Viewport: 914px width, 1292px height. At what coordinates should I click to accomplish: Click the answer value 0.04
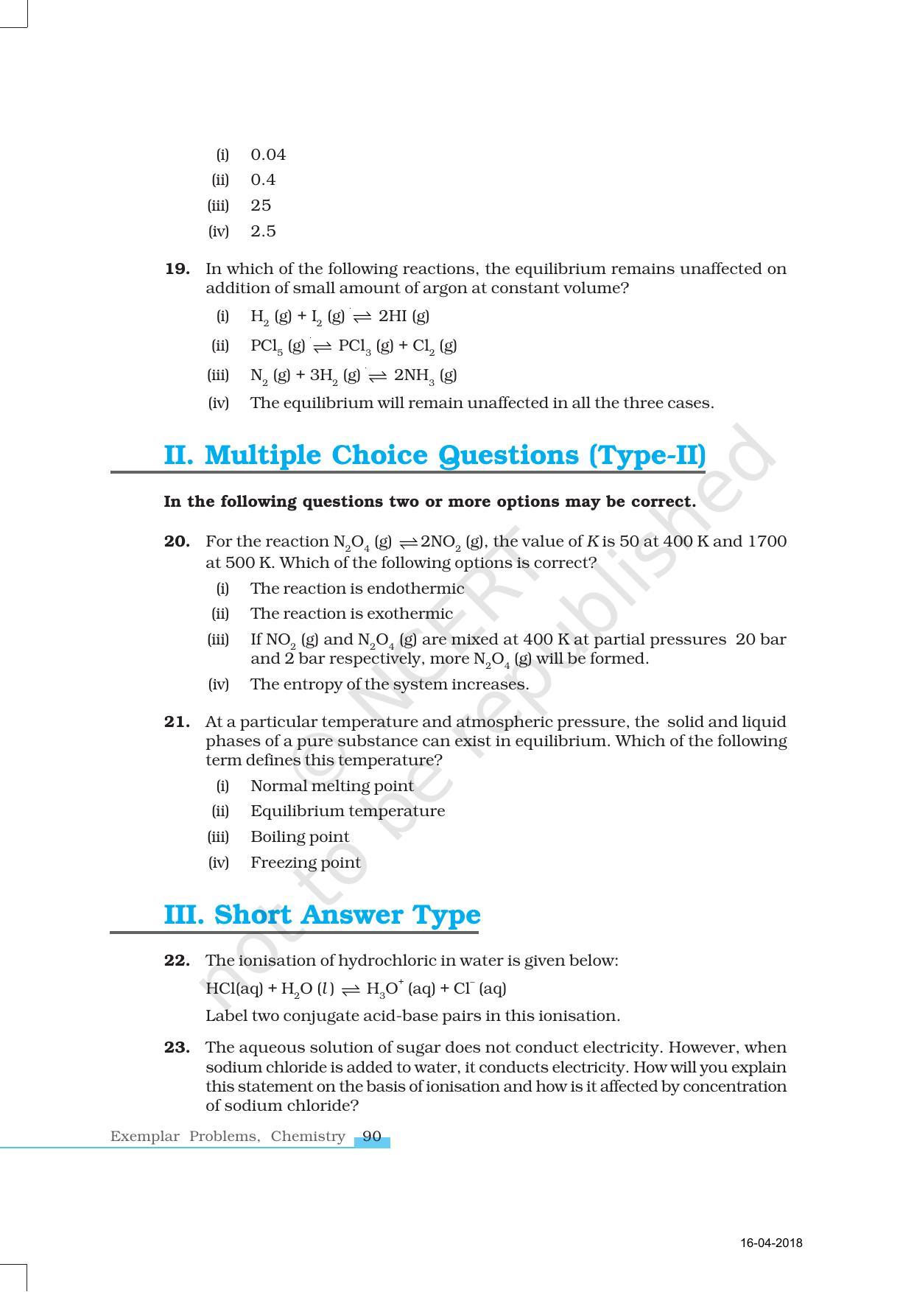pos(268,155)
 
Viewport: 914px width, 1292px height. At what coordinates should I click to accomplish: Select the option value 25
pos(261,206)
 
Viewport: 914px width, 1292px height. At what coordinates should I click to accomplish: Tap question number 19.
pos(177,269)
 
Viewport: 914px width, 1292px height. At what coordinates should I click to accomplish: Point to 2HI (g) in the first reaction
pos(404,316)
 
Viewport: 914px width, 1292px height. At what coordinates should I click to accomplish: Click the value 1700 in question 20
pos(767,541)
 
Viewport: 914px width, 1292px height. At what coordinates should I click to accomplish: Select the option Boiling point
pos(300,837)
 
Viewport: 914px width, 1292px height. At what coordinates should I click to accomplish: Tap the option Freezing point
pos(306,863)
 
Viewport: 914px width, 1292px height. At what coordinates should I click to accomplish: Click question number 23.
pos(177,1047)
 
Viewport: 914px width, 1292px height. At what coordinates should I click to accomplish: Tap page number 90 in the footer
pos(372,1137)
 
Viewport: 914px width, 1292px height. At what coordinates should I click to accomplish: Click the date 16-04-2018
pos(771,1243)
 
